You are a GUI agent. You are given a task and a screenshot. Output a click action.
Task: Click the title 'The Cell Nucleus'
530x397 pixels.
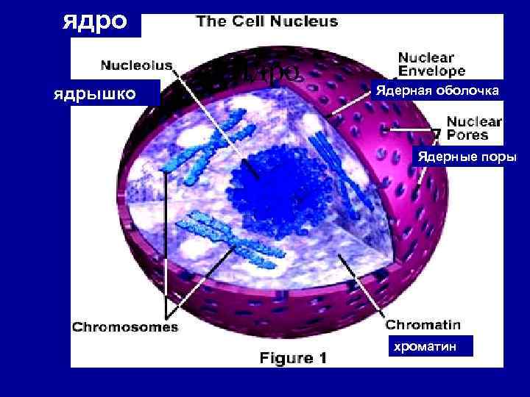266,21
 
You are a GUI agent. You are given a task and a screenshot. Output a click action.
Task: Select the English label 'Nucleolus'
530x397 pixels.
136,65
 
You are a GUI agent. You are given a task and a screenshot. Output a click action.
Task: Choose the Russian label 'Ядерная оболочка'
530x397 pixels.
437,90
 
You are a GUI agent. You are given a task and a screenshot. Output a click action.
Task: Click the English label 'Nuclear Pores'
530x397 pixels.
474,128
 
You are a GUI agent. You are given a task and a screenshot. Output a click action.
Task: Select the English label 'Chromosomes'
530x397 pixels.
125,327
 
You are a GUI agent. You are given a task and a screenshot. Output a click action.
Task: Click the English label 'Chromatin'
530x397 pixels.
423,324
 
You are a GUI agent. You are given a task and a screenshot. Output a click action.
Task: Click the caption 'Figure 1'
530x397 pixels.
292,358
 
